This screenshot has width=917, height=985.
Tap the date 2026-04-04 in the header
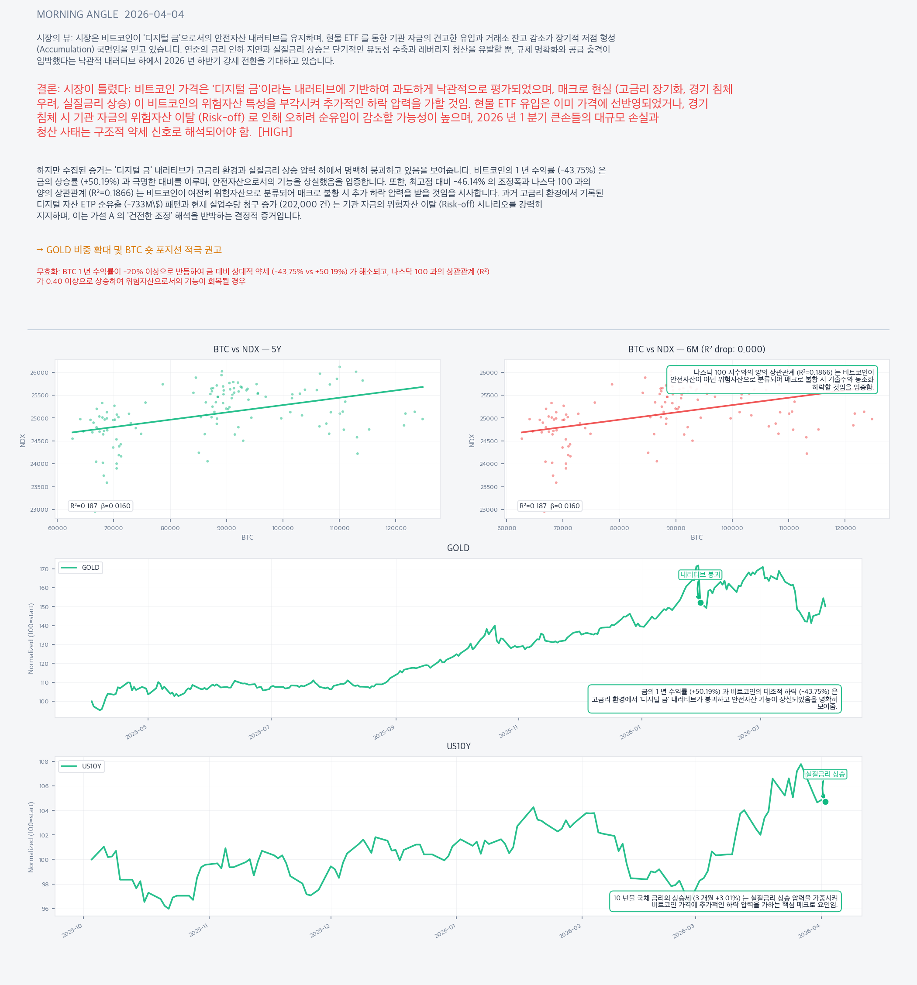tap(154, 14)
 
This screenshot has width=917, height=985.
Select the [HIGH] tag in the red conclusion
tap(276, 132)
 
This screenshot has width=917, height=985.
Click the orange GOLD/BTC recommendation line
tap(129, 250)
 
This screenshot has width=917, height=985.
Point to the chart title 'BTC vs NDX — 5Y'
tap(247, 349)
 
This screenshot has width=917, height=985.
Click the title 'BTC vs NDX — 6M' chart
tap(696, 349)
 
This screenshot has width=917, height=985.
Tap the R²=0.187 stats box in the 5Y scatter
tap(100, 506)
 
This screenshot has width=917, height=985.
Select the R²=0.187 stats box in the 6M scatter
tap(549, 506)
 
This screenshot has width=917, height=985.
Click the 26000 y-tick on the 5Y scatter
tap(40, 372)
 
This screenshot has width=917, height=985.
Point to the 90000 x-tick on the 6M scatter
tap(676, 528)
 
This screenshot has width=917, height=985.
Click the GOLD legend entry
tap(81, 567)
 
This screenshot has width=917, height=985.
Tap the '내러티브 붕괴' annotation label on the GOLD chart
tap(700, 575)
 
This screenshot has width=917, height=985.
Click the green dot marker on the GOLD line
tap(700, 603)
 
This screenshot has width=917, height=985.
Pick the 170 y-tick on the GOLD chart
tap(44, 569)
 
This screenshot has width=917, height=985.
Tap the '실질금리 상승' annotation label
tap(825, 774)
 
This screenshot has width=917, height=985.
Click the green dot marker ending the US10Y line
tap(825, 802)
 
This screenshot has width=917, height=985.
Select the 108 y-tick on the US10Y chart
tap(44, 761)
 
